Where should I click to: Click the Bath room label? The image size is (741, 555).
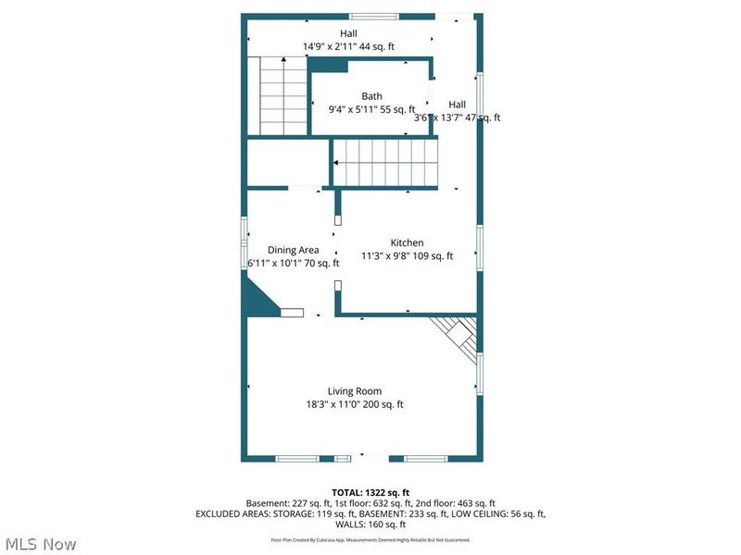tap(371, 96)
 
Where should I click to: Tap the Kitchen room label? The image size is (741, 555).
tap(407, 243)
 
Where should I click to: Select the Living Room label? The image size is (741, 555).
tap(354, 391)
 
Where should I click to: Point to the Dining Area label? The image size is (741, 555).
tap(294, 250)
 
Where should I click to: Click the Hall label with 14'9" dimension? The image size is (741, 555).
tap(322, 33)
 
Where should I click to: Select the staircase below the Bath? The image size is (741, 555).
tap(383, 162)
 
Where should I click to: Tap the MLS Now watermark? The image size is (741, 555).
tap(40, 544)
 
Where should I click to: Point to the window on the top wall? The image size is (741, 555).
tap(373, 16)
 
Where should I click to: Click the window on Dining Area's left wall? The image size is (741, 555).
tap(245, 231)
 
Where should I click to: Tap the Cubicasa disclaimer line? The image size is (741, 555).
tap(370, 538)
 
